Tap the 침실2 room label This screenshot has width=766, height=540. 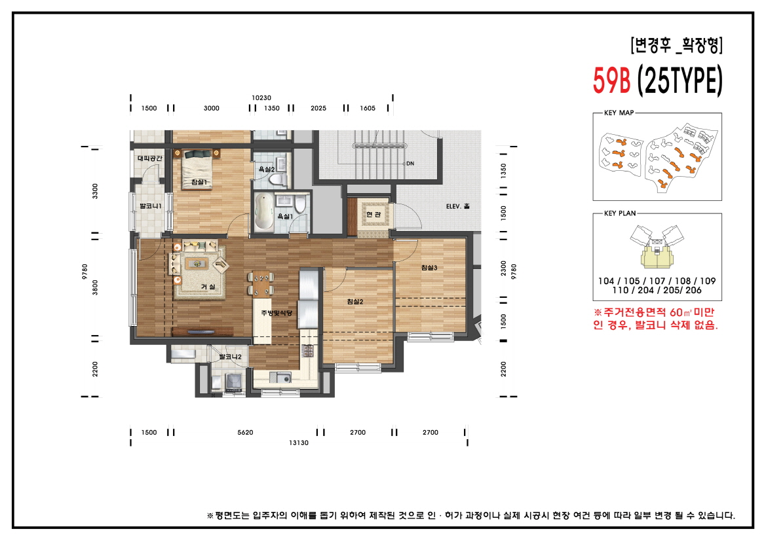[354, 301]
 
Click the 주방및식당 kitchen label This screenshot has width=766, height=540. [276, 313]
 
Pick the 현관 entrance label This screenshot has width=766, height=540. [373, 214]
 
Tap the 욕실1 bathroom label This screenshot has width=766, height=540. [284, 217]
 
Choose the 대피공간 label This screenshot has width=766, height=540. [150, 158]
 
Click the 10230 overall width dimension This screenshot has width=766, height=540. [261, 98]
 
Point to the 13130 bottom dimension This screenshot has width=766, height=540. [299, 443]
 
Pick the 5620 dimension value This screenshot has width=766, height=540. [245, 433]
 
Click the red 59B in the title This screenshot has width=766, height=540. [611, 81]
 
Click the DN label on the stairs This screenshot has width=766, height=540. [410, 164]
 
